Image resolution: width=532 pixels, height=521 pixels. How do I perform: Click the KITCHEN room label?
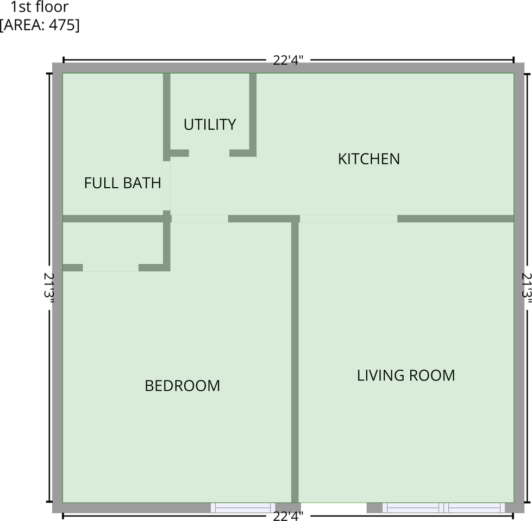coord(368,159)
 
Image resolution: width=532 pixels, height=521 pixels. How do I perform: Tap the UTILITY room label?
coord(209,124)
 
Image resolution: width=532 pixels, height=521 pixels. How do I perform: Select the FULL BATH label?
coord(122,183)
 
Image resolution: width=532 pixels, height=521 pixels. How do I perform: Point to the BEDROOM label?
coord(182,386)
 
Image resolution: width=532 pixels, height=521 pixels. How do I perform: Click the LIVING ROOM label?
coord(405,376)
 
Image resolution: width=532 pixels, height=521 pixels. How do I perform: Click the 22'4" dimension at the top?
coord(288,60)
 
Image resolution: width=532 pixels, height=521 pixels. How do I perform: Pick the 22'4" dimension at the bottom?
coord(288,516)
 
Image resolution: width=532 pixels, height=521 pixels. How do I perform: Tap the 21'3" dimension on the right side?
coord(527,288)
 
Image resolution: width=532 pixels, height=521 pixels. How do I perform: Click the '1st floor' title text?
coord(40,8)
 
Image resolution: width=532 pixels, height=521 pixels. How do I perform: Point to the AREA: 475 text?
coord(40,25)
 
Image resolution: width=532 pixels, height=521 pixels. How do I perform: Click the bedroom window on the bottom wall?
coord(243,508)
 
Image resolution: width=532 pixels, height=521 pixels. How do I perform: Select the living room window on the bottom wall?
coord(443,508)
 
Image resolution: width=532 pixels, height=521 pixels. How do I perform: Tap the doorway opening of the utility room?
coord(209,154)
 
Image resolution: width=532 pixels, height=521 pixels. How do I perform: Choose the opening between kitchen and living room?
coord(348,219)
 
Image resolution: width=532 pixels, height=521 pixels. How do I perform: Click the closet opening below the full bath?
coord(110,268)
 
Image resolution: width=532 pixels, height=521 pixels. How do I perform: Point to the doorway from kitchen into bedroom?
coord(199,219)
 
